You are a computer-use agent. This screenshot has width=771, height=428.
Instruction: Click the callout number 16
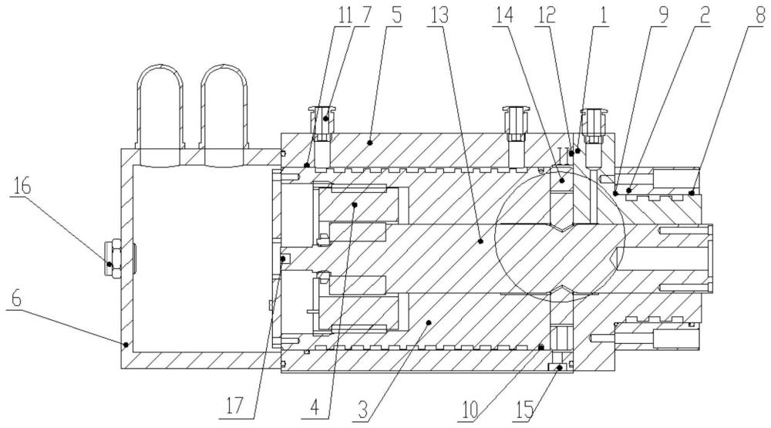point(21,187)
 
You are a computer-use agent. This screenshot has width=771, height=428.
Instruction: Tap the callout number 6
point(17,298)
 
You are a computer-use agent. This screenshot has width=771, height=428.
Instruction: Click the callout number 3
point(363,409)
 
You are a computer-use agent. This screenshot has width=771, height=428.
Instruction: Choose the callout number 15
point(524,409)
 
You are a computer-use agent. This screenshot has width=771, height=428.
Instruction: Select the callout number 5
point(396,15)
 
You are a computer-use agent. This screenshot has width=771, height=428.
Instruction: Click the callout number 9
point(663,15)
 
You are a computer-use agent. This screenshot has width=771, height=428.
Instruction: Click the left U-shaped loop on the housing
point(160,106)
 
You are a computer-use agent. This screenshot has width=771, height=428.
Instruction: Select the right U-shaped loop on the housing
point(224,106)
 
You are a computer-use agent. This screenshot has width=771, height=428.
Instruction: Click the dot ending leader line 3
point(428,322)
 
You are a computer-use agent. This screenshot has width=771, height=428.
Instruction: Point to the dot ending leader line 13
point(481,241)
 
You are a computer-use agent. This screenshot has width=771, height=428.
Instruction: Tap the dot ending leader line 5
point(369,143)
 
